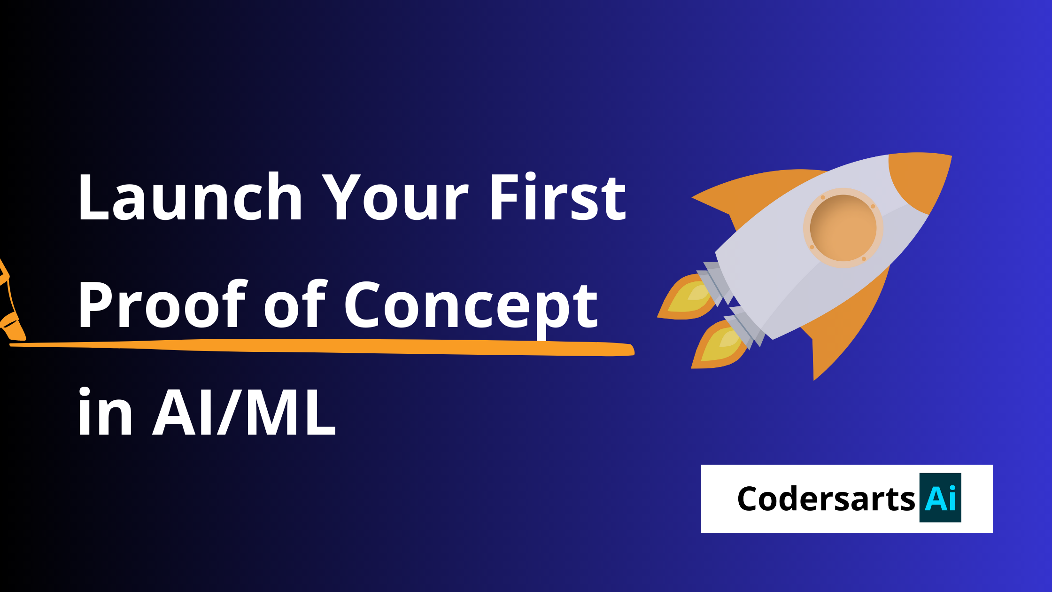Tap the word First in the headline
pos(557,197)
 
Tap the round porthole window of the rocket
pos(843,228)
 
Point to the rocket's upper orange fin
pos(751,193)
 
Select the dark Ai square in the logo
pos(940,498)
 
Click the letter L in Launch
pos(92,197)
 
